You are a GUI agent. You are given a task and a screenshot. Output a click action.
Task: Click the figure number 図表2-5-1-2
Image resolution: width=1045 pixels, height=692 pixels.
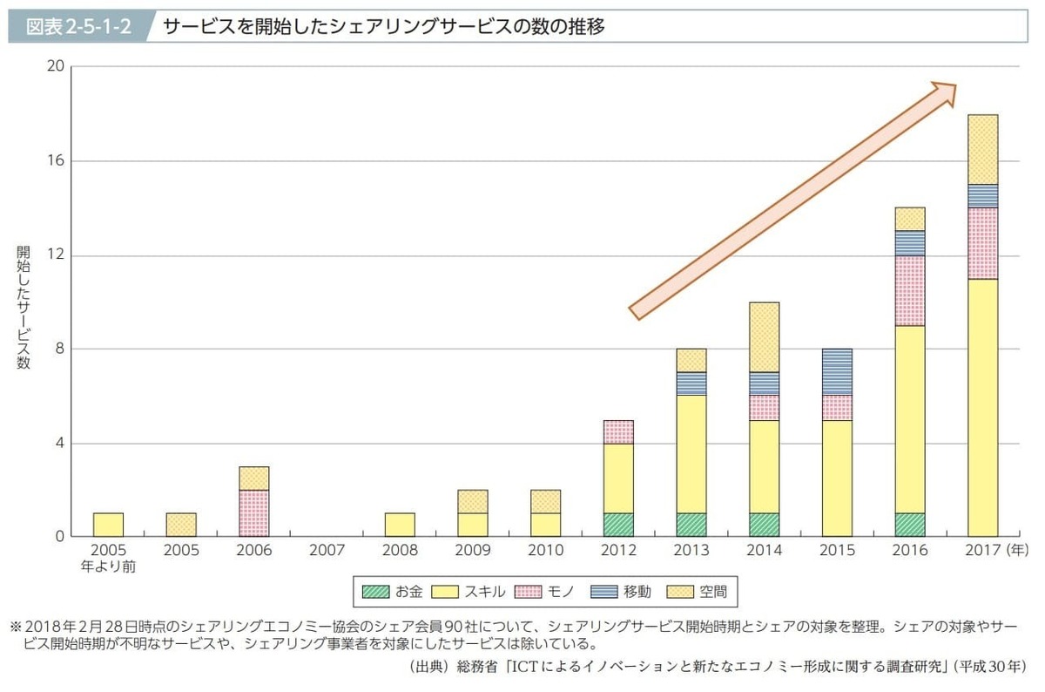pyautogui.click(x=79, y=26)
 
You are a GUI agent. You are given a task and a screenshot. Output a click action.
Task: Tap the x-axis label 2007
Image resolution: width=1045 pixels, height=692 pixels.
pyautogui.click(x=327, y=551)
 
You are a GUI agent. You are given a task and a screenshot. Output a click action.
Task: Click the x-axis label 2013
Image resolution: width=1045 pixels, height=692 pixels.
pyautogui.click(x=691, y=551)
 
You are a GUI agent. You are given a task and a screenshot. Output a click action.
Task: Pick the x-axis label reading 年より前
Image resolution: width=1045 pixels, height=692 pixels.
pyautogui.click(x=108, y=566)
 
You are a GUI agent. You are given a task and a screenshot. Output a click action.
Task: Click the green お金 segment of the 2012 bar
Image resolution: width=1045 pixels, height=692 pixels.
pyautogui.click(x=618, y=525)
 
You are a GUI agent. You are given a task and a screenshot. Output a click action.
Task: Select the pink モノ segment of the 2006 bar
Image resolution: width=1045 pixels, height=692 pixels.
pyautogui.click(x=253, y=513)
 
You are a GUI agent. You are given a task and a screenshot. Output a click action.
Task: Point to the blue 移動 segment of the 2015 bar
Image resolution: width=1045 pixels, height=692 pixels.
pyautogui.click(x=838, y=372)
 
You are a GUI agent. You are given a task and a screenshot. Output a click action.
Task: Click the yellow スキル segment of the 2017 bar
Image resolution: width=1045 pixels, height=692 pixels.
pyautogui.click(x=983, y=408)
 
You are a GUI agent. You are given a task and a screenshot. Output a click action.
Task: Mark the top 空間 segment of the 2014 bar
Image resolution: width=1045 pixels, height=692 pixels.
pyautogui.click(x=765, y=337)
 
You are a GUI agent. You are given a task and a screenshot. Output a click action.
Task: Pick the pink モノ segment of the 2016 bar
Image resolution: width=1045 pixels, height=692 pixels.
pyautogui.click(x=910, y=291)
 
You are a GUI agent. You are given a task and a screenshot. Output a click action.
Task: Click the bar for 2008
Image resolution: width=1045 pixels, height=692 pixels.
pyautogui.click(x=400, y=525)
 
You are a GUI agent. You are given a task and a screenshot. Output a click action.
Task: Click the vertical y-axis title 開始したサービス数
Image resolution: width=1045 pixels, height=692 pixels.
pyautogui.click(x=23, y=308)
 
